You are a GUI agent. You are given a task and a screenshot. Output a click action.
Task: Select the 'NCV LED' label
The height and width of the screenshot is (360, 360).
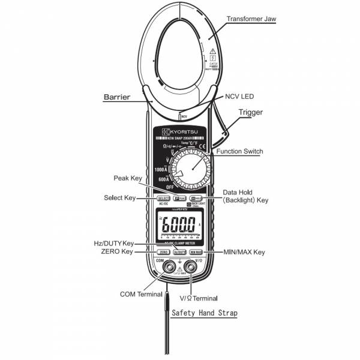[x=240, y=96]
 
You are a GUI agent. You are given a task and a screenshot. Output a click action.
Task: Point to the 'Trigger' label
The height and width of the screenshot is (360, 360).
[x=251, y=112]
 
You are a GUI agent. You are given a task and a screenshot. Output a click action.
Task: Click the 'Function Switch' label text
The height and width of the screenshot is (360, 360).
[x=239, y=152]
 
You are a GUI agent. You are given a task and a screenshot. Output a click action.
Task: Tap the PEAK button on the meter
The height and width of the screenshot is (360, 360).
[x=179, y=198]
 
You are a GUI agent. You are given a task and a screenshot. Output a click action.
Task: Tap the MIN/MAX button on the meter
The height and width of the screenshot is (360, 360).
[x=196, y=253]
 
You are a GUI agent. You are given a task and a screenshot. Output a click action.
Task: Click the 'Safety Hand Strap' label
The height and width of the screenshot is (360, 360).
[x=204, y=313]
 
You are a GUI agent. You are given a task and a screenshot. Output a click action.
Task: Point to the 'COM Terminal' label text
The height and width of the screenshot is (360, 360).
[x=141, y=295]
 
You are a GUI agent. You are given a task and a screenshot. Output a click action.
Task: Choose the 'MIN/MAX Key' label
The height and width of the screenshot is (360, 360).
[x=244, y=253]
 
